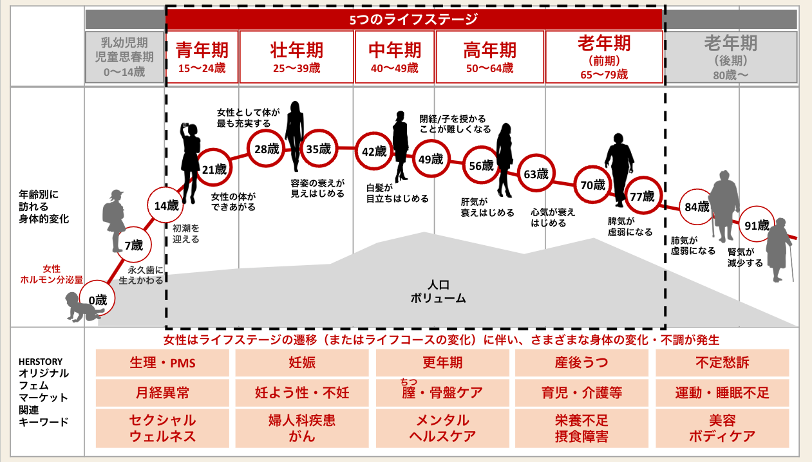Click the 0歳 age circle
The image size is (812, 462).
pyautogui.click(x=100, y=299)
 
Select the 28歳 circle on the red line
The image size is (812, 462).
pyautogui.click(x=266, y=149)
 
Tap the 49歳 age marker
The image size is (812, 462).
pyautogui.click(x=431, y=160)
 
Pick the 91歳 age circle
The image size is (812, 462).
pyautogui.click(x=757, y=225)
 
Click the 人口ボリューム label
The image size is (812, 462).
pyautogui.click(x=438, y=291)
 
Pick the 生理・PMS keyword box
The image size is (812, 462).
pyautogui.click(x=162, y=363)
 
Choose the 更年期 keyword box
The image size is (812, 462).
pyautogui.click(x=442, y=363)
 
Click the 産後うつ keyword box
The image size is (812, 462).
pyautogui.click(x=581, y=363)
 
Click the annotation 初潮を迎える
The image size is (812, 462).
pyautogui.click(x=186, y=234)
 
